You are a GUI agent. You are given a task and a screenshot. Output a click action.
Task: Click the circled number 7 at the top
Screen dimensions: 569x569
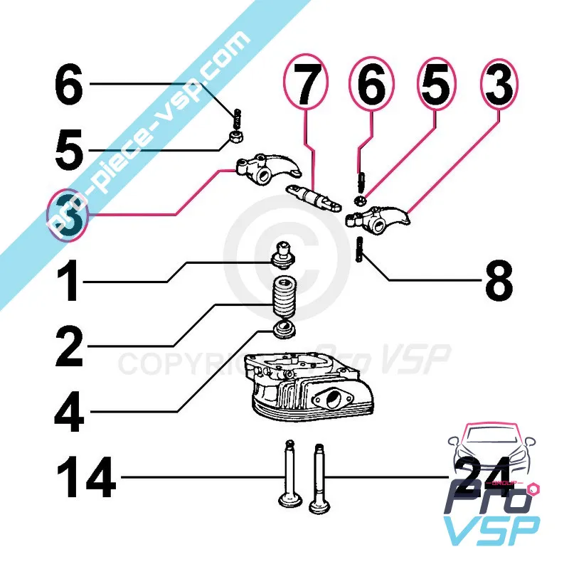tap(305, 87)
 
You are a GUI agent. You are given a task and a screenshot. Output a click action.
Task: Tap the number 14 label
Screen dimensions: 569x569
tap(87, 477)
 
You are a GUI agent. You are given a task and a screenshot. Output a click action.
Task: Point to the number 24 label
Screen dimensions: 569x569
tap(482, 475)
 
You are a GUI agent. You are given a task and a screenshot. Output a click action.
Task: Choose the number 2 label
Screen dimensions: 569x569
tap(69, 346)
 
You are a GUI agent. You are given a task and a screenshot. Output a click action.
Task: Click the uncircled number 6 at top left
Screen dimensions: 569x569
tap(69, 85)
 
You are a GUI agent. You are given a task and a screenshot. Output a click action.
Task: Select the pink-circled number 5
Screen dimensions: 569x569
tap(436, 87)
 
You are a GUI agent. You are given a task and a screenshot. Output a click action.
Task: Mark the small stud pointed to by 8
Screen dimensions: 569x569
tap(361, 250)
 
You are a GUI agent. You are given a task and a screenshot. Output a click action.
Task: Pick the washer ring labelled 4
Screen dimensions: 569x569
tap(286, 331)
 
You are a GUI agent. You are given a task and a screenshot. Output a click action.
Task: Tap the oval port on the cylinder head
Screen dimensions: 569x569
tap(333, 399)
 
